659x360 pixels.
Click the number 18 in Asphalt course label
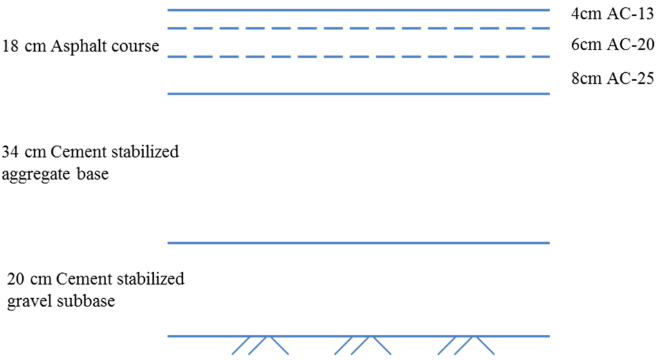pyautogui.click(x=10, y=47)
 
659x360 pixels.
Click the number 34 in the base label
pyautogui.click(x=10, y=153)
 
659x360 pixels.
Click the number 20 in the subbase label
pyautogui.click(x=17, y=279)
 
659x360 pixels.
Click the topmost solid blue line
pyautogui.click(x=358, y=10)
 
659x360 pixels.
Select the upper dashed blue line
pyautogui.click(x=358, y=28)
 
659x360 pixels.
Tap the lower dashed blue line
pyautogui.click(x=358, y=57)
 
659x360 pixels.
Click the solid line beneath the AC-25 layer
pyautogui.click(x=358, y=94)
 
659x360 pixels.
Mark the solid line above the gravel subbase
pyautogui.click(x=358, y=243)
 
